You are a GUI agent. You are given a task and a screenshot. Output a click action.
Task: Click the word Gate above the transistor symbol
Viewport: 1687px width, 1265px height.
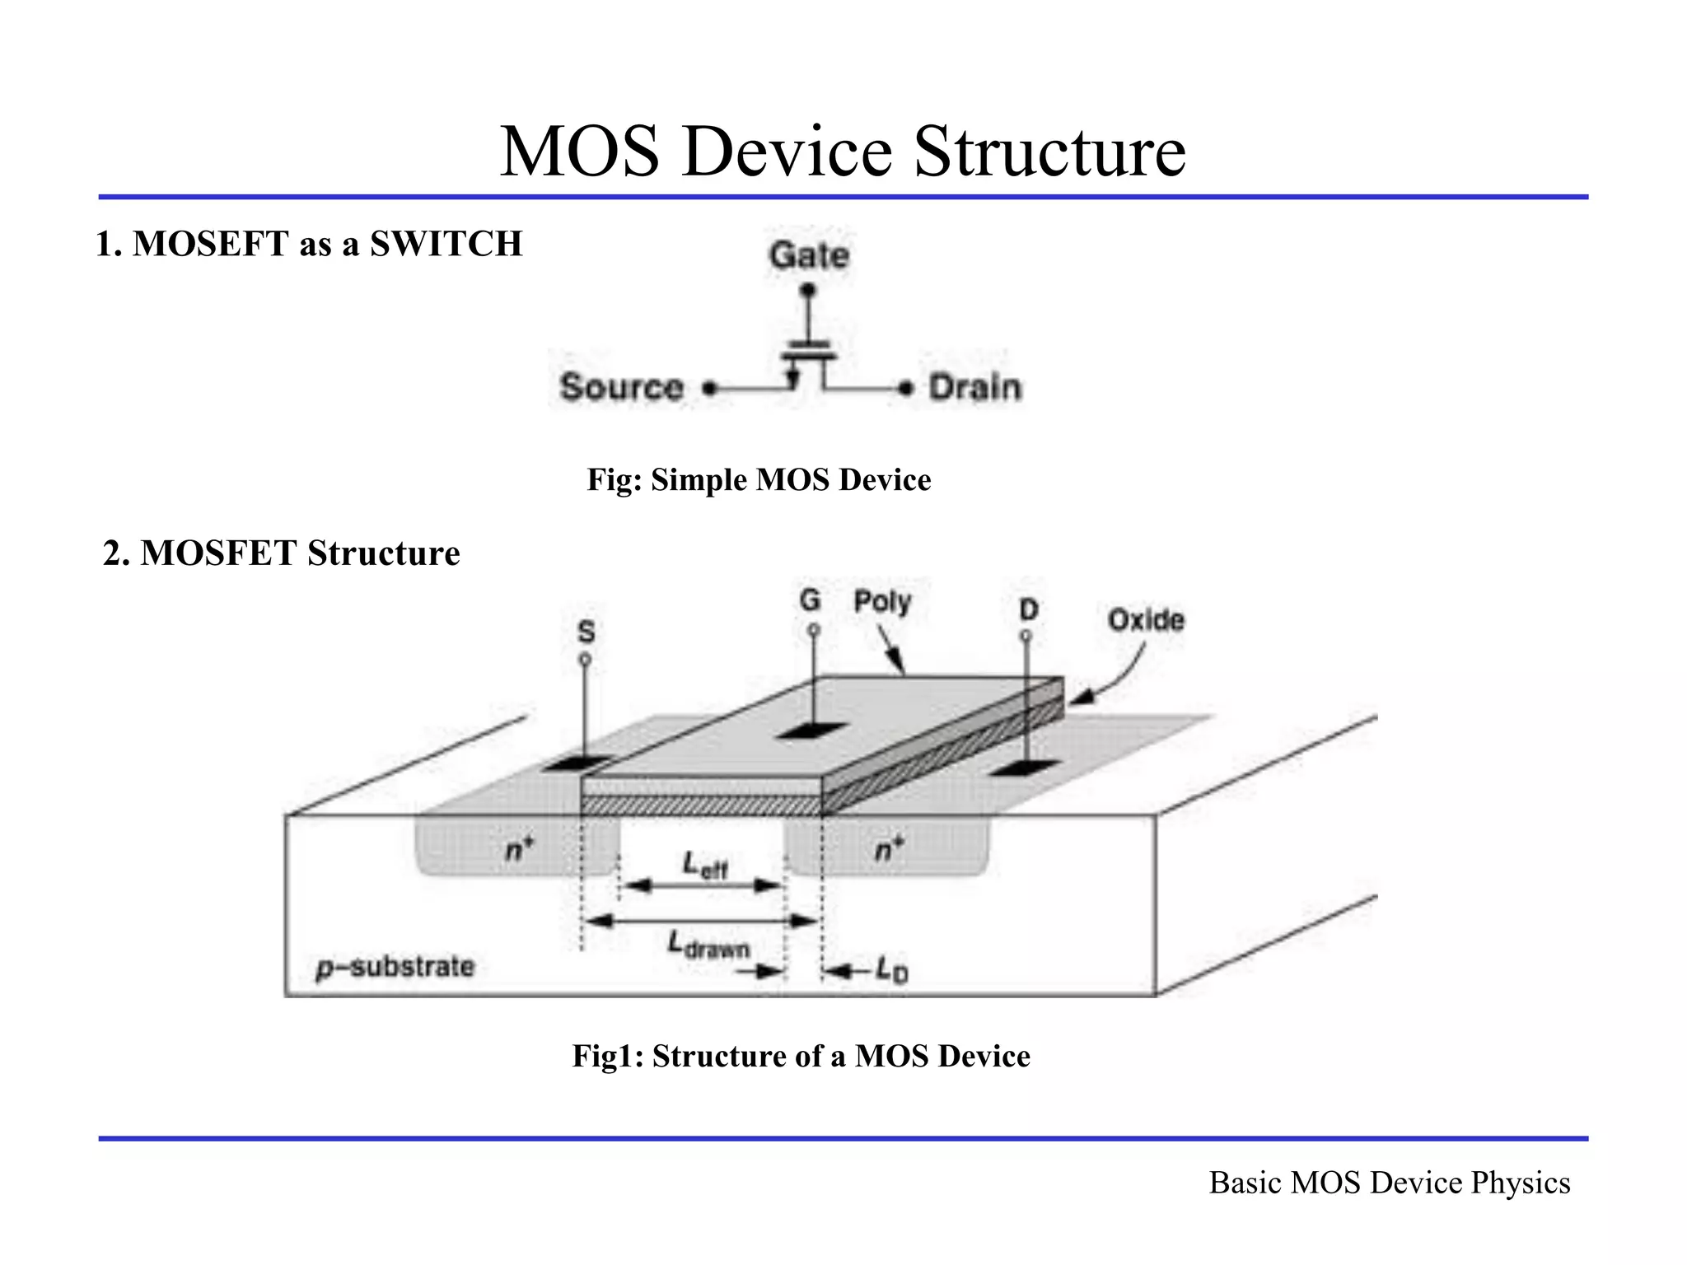click(x=809, y=255)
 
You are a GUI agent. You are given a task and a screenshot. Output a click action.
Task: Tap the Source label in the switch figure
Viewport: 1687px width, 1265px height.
click(x=622, y=387)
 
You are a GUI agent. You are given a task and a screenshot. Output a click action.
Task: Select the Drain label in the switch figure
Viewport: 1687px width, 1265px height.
click(x=974, y=387)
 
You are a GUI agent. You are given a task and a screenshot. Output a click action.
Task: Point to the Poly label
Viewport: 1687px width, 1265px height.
click(x=881, y=602)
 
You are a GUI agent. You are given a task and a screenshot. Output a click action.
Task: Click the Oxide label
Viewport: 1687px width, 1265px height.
click(x=1145, y=620)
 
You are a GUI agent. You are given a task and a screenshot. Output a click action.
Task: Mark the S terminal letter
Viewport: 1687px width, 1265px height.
click(x=586, y=632)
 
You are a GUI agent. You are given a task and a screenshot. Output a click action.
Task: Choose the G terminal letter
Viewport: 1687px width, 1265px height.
click(x=810, y=600)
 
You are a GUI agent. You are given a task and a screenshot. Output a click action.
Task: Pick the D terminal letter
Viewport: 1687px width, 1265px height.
click(x=1029, y=610)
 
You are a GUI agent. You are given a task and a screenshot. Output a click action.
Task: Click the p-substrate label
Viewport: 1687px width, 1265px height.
click(x=396, y=967)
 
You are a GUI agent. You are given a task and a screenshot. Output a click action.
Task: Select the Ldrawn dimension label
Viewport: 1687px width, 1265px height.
click(x=708, y=945)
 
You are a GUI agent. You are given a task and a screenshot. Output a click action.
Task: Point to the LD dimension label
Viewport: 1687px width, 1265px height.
click(x=891, y=971)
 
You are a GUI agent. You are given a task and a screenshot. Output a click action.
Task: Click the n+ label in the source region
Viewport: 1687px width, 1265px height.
click(x=519, y=847)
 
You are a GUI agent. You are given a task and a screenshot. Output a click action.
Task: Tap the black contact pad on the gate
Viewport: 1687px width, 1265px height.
click(x=811, y=731)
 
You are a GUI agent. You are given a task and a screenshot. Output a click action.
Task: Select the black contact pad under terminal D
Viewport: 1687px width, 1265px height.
click(x=1024, y=768)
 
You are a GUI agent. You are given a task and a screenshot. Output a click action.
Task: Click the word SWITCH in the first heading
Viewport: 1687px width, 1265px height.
click(x=446, y=244)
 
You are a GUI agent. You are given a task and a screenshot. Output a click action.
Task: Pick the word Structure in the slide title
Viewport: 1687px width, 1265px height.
click(x=1049, y=152)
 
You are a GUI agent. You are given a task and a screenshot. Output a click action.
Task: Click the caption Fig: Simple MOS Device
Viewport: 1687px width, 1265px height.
click(x=759, y=480)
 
